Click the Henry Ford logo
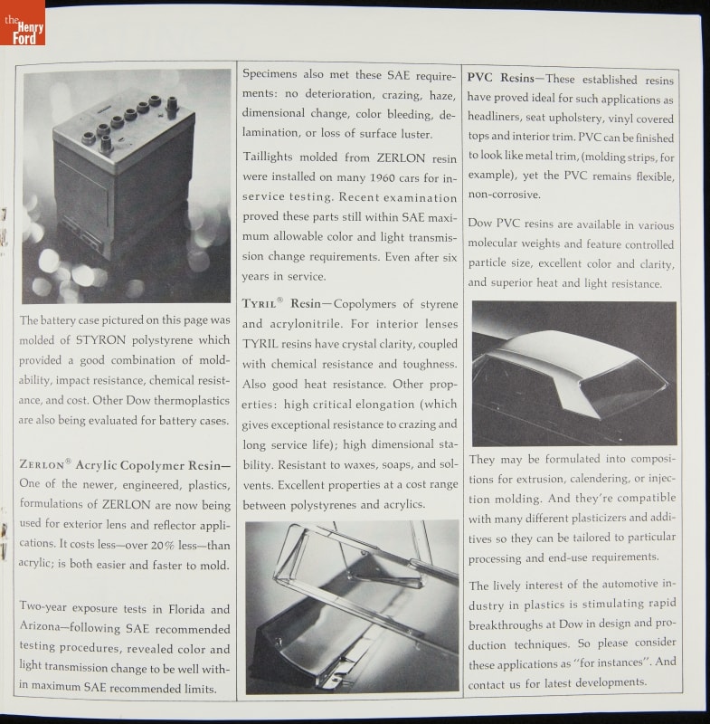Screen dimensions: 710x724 pyautogui.click(x=23, y=23)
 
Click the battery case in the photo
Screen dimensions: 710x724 pyautogui.click(x=124, y=176)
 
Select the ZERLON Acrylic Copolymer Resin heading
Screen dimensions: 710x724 pyautogui.click(x=125, y=464)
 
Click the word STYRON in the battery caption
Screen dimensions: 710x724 pyautogui.click(x=100, y=340)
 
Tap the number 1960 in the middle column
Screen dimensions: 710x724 pyautogui.click(x=383, y=177)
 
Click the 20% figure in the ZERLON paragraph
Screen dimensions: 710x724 pyautogui.click(x=163, y=546)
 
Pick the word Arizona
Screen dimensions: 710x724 pyautogui.click(x=40, y=626)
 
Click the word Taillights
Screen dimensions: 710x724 pyautogui.click(x=268, y=157)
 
